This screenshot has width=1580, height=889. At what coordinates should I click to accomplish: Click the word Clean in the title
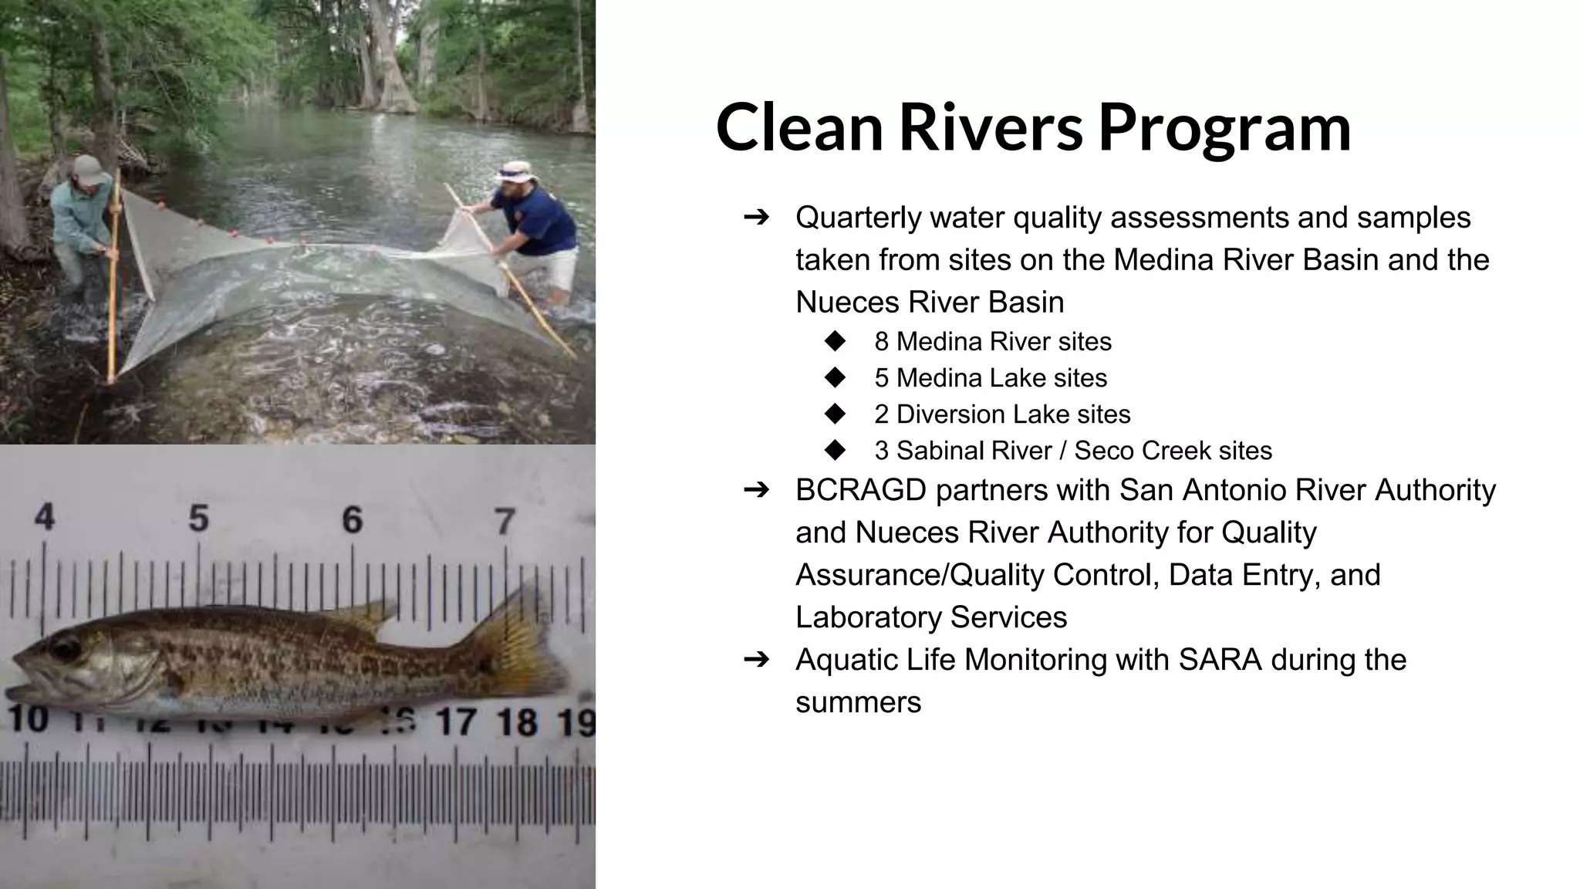[x=799, y=127]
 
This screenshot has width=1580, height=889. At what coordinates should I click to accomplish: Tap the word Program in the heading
[x=1224, y=127]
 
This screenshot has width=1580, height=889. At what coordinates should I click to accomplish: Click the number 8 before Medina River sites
[x=881, y=342]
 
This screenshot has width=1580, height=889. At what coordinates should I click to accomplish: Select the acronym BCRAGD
[x=861, y=491]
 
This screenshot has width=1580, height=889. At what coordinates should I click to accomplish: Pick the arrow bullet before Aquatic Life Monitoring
[x=757, y=660]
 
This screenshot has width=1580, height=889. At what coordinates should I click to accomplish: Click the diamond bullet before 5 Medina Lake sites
[x=835, y=377]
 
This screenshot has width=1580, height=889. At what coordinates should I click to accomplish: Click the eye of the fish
[x=66, y=647]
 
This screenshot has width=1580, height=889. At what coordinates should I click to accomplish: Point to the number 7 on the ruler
[x=505, y=522]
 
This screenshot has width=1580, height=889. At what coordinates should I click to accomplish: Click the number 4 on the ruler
[x=45, y=517]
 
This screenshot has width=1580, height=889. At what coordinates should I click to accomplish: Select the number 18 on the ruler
[x=516, y=722]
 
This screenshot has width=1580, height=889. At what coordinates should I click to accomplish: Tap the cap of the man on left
[x=89, y=169]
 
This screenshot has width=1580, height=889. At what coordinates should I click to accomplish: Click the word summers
[x=858, y=703]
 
